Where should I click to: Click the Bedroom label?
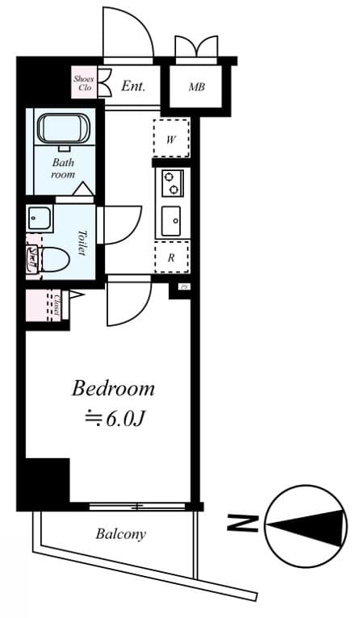[113, 389]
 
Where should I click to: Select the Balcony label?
[120, 533]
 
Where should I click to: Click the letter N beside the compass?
[237, 524]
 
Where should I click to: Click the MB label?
[196, 86]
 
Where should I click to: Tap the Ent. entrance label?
[133, 86]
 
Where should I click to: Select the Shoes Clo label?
[84, 82]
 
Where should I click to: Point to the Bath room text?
[63, 167]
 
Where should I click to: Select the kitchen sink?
[172, 220]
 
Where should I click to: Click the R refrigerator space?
[172, 257]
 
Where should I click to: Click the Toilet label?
[82, 242]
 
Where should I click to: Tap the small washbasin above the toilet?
[39, 218]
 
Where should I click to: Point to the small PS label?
[183, 287]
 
